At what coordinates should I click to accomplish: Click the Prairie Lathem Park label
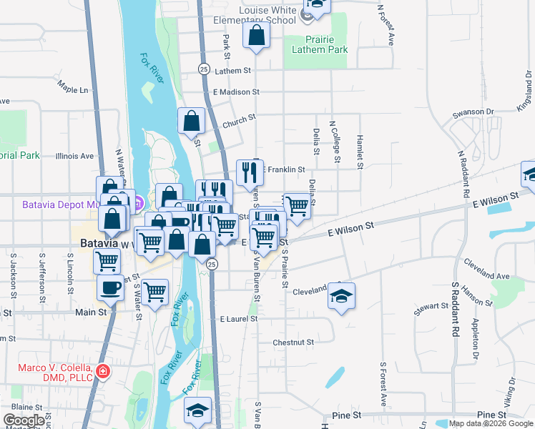point(320,44)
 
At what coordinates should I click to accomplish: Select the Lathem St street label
point(232,71)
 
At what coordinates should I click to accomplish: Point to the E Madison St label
point(236,92)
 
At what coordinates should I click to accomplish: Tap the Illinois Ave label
point(74,155)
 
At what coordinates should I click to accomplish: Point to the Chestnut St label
point(293,342)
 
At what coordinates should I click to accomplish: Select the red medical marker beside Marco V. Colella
point(103,370)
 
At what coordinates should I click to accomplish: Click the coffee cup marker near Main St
point(110,287)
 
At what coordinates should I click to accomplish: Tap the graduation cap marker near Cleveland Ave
point(341,295)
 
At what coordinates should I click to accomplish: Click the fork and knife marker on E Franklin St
point(249,172)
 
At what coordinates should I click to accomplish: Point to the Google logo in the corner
point(23,420)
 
